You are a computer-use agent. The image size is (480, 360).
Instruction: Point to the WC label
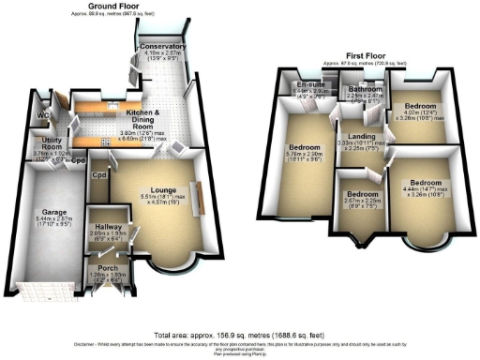coord(42,117)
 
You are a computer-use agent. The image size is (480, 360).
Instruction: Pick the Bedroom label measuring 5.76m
coord(305,148)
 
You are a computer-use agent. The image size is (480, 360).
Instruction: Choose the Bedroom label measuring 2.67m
coord(352,194)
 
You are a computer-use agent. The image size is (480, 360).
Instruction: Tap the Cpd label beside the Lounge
coord(98,174)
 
